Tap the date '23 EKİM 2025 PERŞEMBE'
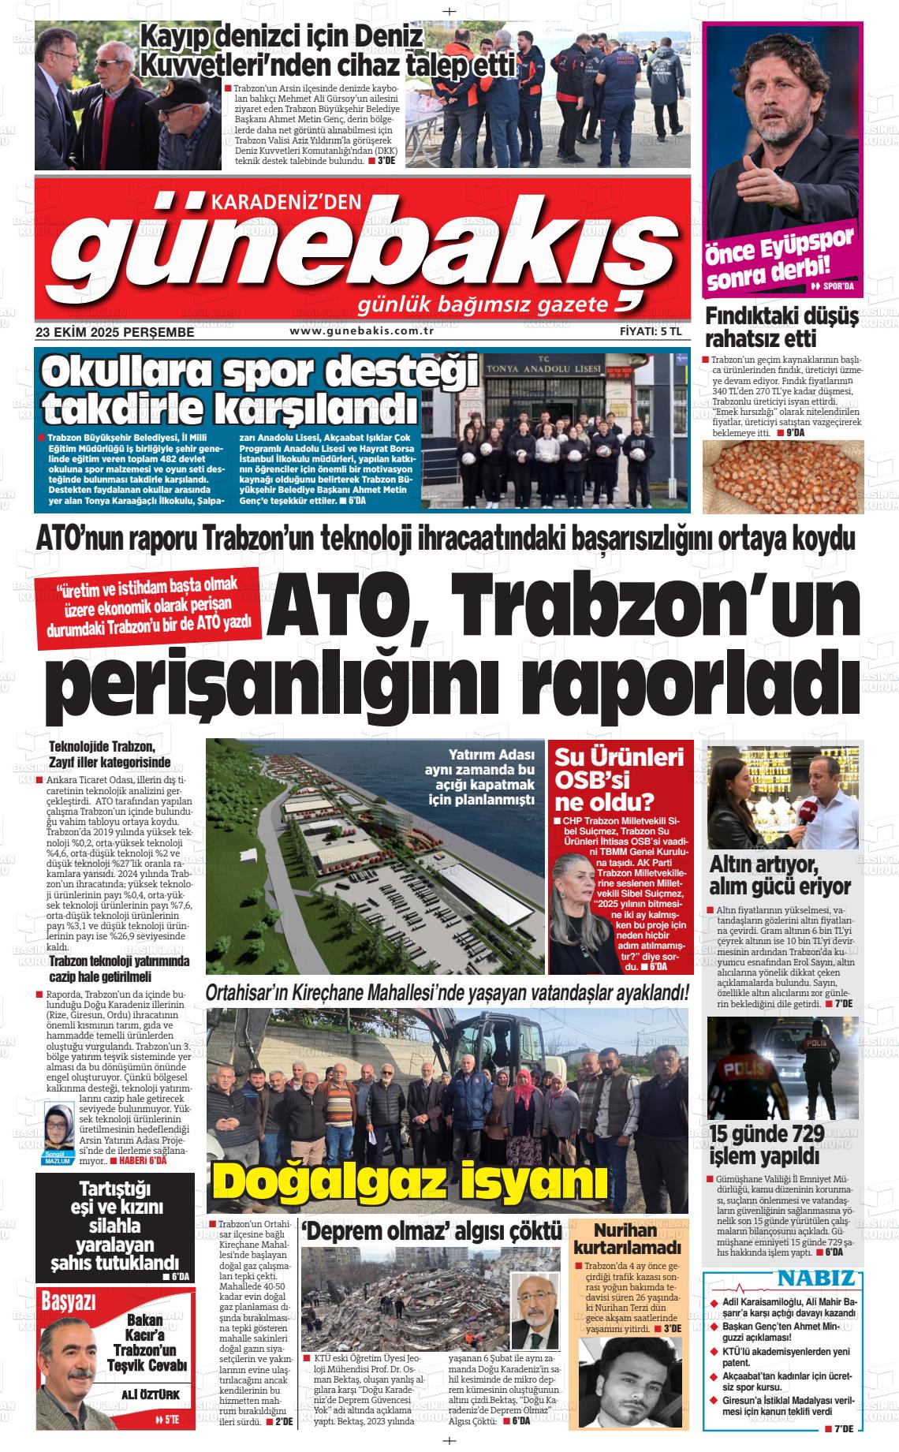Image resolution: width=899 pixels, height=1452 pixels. pyautogui.click(x=115, y=333)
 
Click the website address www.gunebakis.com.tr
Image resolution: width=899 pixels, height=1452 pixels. pyautogui.click(x=362, y=331)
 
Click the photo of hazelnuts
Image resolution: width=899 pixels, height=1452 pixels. pyautogui.click(x=782, y=476)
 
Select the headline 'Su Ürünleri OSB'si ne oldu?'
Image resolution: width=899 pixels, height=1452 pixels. pyautogui.click(x=619, y=779)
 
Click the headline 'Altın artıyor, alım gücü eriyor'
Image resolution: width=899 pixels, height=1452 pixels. pyautogui.click(x=780, y=874)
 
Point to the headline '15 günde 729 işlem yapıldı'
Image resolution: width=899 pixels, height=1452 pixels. pyautogui.click(x=767, y=1144)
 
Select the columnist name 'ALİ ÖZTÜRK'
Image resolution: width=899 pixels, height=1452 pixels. pyautogui.click(x=151, y=1394)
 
